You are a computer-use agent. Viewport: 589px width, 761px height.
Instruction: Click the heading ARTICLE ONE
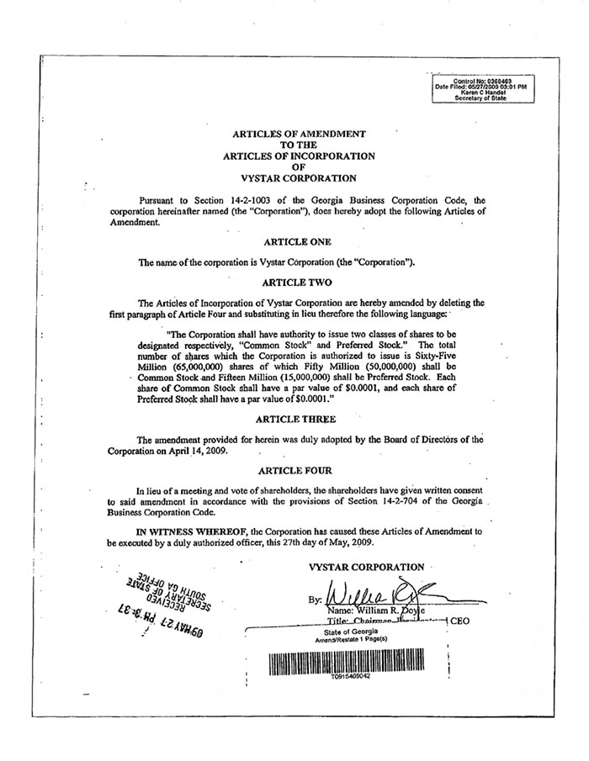pos(291,241)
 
